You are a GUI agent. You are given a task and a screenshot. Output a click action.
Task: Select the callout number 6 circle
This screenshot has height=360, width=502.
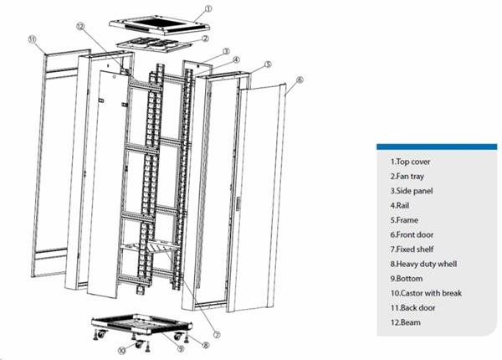tap(300, 80)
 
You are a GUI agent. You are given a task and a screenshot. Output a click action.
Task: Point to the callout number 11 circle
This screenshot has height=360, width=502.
tap(32, 39)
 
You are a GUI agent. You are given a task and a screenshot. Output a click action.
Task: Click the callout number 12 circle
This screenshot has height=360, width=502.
tap(80, 26)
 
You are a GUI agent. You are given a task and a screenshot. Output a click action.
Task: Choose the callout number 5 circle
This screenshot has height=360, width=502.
tap(268, 64)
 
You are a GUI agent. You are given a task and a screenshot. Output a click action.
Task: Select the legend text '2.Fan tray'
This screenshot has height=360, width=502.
tap(407, 177)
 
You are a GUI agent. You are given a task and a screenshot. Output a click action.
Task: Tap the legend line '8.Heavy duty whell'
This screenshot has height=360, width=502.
tap(423, 264)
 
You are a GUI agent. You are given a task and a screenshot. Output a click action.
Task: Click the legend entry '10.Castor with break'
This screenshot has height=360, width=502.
tap(426, 293)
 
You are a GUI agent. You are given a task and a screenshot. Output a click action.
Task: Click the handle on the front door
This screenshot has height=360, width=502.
tap(238, 203)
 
